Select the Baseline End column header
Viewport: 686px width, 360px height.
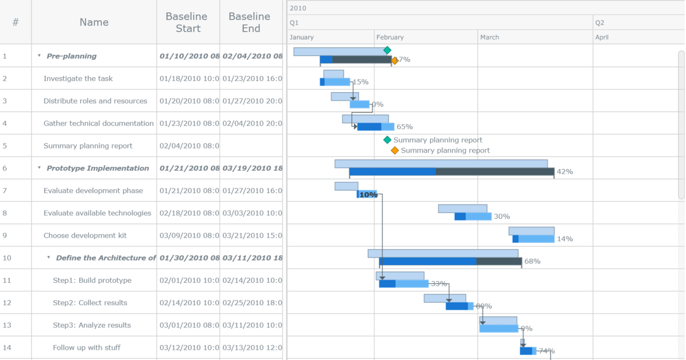[x=251, y=22]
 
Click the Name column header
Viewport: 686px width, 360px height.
[x=94, y=22]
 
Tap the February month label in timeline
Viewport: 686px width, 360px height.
[x=390, y=37]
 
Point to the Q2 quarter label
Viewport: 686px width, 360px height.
[x=600, y=23]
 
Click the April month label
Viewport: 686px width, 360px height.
[x=601, y=37]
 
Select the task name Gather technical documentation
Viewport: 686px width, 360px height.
[x=98, y=123]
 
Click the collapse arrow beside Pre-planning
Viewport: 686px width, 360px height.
[x=39, y=56]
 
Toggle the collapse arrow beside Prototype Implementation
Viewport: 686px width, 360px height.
[x=39, y=168]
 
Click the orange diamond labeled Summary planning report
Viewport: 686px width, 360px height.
[x=394, y=150]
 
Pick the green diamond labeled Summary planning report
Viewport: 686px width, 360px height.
[x=387, y=140]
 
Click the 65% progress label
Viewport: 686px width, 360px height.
[x=404, y=127]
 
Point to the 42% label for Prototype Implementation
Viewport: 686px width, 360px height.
[x=564, y=171]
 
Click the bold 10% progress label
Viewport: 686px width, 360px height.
[x=368, y=195]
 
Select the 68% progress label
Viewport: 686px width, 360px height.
[x=532, y=261]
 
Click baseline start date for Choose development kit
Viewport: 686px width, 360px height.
[x=189, y=235]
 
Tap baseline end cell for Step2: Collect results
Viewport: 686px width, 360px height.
[x=252, y=303]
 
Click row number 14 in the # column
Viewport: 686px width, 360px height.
[x=5, y=347]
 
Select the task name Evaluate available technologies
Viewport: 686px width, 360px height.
[x=97, y=213]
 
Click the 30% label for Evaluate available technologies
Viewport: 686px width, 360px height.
[x=501, y=217]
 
